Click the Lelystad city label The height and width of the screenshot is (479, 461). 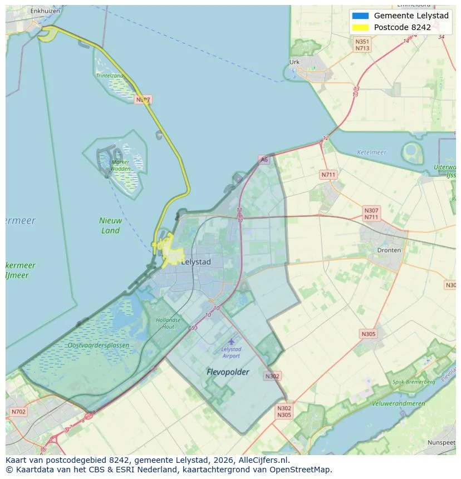click(x=196, y=262)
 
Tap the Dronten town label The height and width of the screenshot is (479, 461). click(x=389, y=250)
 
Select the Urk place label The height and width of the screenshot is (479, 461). click(x=295, y=62)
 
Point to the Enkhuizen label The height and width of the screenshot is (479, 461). click(x=45, y=11)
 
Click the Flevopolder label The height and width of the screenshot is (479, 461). click(x=228, y=372)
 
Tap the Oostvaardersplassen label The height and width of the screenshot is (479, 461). click(x=98, y=345)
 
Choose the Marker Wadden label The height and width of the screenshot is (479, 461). click(x=120, y=165)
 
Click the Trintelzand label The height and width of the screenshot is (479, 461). click(x=110, y=76)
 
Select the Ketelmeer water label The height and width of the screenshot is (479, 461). click(x=372, y=152)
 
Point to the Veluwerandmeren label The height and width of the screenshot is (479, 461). click(x=400, y=404)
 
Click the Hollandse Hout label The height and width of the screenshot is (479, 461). click(x=168, y=323)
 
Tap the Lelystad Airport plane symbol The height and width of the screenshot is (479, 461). click(x=231, y=342)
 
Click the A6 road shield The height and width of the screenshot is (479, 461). click(x=263, y=160)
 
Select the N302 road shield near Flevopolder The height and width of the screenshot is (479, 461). click(x=272, y=376)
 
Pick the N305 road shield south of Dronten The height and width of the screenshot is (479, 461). click(x=368, y=334)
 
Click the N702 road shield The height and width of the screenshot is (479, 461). click(x=18, y=412)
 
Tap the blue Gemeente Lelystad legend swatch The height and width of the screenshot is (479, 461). click(x=360, y=16)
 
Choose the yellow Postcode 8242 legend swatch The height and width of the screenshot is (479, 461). click(x=360, y=27)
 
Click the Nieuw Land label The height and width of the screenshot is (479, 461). click(x=110, y=225)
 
